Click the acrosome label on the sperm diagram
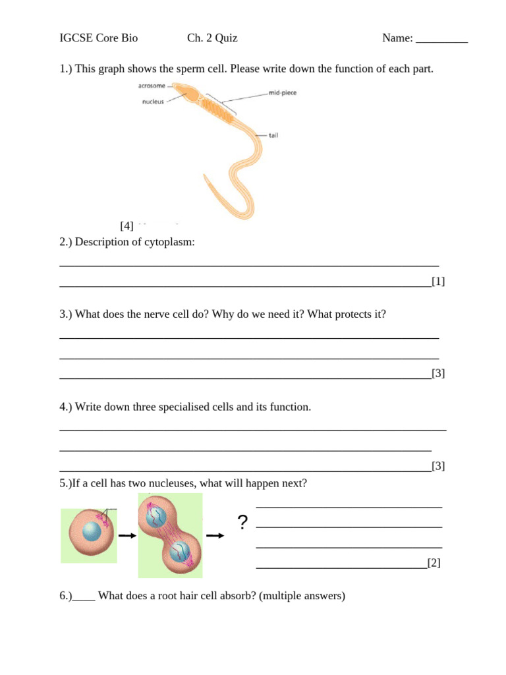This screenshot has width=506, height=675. (152, 86)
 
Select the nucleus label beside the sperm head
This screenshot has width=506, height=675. (153, 102)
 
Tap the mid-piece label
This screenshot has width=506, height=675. (283, 93)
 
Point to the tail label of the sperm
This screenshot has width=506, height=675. (273, 135)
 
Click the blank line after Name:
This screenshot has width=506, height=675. (442, 38)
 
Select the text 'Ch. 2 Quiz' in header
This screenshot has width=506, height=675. (212, 38)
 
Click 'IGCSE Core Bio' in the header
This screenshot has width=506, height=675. (99, 38)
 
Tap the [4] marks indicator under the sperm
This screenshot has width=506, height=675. (126, 226)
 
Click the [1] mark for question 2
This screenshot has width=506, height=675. (438, 281)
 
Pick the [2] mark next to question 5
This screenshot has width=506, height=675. (434, 562)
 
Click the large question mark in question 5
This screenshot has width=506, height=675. (242, 523)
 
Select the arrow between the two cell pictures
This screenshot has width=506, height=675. (126, 536)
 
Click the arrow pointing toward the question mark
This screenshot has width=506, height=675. (215, 536)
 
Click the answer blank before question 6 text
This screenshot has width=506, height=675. (84, 597)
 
